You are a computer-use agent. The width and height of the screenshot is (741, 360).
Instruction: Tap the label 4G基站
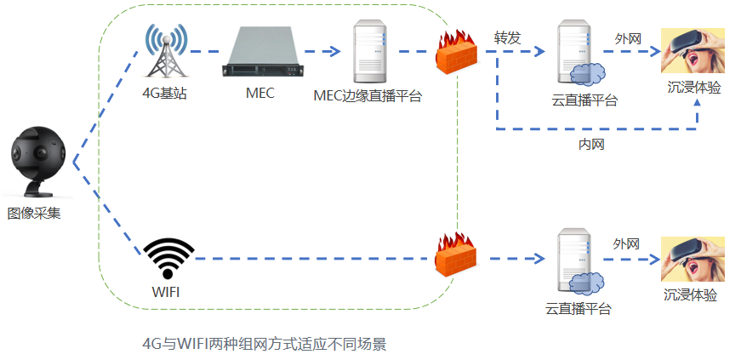click(164, 94)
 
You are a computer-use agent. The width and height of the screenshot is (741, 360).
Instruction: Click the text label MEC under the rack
click(259, 94)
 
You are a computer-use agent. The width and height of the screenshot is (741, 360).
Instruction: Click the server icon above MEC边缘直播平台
click(370, 51)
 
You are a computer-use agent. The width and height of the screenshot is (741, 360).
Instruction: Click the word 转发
click(507, 38)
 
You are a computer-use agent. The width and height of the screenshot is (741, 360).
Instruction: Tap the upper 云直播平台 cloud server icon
click(579, 54)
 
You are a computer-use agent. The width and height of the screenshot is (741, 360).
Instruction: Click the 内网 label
click(590, 145)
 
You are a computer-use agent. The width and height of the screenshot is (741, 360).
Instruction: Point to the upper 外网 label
click(627, 38)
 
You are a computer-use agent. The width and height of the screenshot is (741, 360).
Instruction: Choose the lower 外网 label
click(626, 244)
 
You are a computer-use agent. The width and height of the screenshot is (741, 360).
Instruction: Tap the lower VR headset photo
click(693, 259)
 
